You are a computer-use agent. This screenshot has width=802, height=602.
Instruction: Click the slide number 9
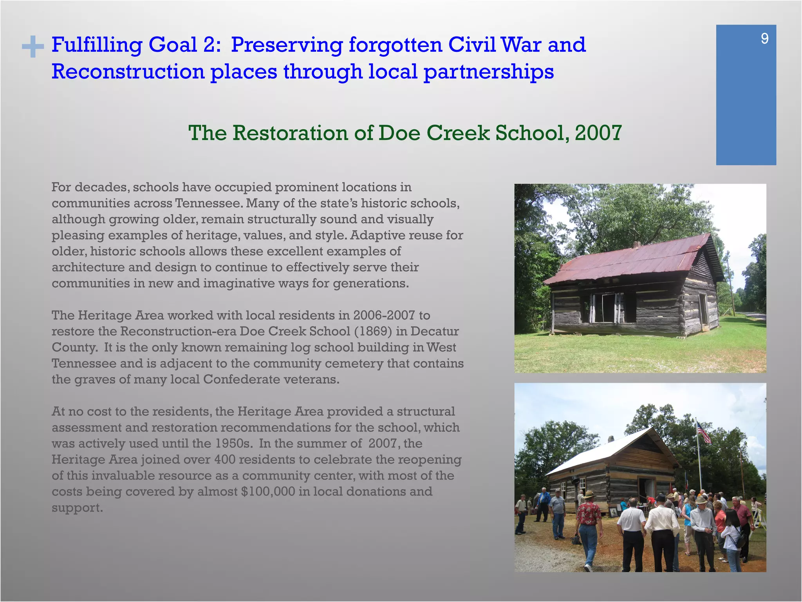[764, 39]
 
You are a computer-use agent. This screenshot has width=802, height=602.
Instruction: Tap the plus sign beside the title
[33, 47]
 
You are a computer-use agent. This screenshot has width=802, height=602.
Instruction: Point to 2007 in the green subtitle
[598, 133]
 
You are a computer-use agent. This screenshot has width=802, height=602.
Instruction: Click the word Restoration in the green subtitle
[291, 133]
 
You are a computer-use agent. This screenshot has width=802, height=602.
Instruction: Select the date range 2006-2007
[384, 316]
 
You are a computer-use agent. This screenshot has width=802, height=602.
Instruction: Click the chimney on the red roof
[637, 245]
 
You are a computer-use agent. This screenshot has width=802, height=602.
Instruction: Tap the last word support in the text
[77, 508]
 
